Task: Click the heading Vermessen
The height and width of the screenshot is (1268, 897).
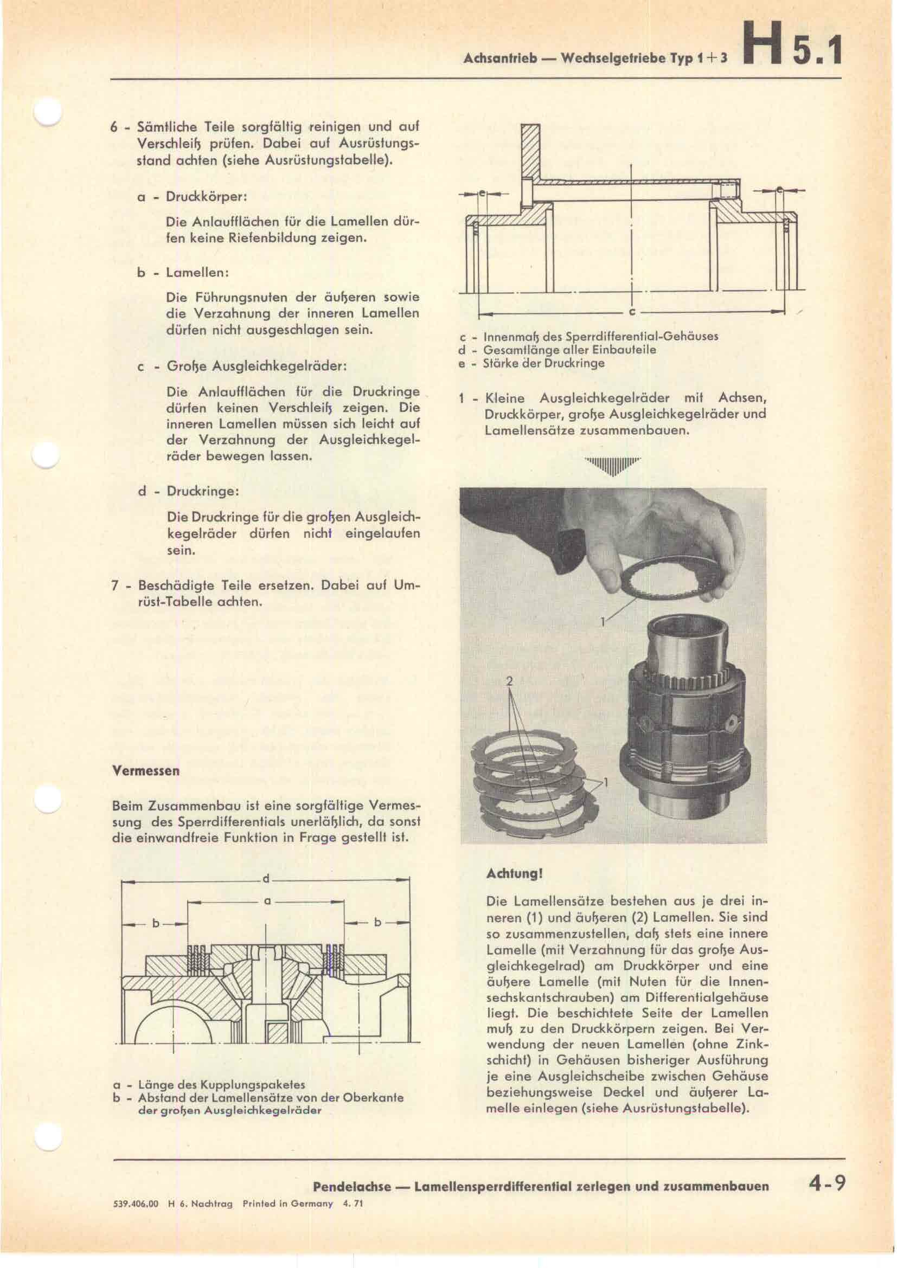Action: pyautogui.click(x=146, y=771)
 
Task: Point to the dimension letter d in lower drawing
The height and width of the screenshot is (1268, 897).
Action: pyautogui.click(x=266, y=879)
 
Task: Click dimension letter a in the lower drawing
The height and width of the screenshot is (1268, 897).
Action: pyautogui.click(x=267, y=902)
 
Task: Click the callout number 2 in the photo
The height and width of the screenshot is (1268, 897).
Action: pyautogui.click(x=510, y=681)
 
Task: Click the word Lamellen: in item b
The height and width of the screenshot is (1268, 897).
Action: pyautogui.click(x=197, y=273)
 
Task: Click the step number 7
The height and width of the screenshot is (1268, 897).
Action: pyautogui.click(x=115, y=585)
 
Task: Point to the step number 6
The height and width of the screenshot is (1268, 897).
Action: pyautogui.click(x=113, y=127)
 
